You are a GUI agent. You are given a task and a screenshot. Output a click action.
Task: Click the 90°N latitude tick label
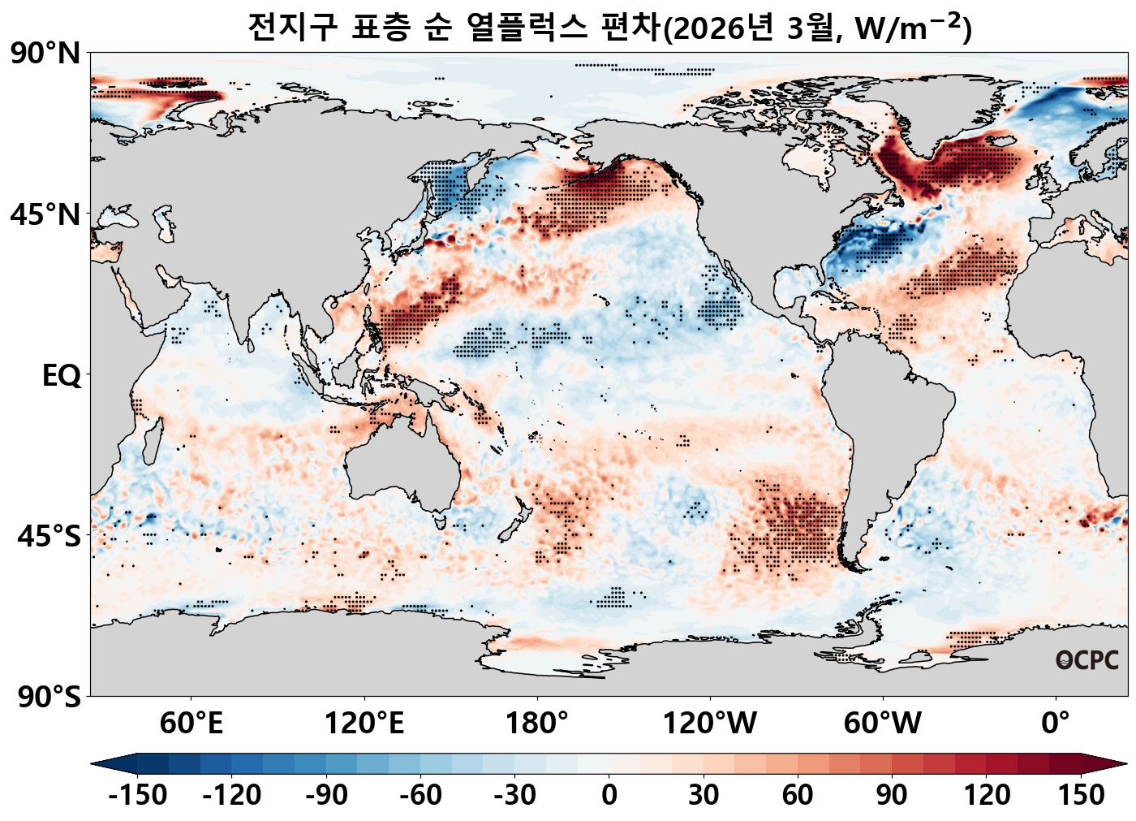[x=45, y=54]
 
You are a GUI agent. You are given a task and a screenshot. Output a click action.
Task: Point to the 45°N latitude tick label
[x=45, y=215]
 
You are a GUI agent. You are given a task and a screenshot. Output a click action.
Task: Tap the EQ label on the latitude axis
[x=62, y=376]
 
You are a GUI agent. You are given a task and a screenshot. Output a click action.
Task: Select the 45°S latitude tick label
[x=49, y=537]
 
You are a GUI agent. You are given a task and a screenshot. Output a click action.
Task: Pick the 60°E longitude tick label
[x=191, y=722]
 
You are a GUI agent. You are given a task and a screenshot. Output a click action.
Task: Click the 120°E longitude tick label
[x=364, y=722]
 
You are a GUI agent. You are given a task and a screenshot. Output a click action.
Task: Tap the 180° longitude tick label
[x=537, y=722]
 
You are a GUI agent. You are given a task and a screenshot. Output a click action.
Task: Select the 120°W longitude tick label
[x=710, y=722]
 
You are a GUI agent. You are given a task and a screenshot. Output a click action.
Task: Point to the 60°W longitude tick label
[x=883, y=722]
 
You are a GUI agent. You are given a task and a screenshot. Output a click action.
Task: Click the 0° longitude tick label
[x=1056, y=722]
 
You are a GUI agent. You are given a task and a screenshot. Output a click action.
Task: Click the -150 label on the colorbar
[x=138, y=795]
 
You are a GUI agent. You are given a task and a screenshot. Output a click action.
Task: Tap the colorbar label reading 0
[x=609, y=795]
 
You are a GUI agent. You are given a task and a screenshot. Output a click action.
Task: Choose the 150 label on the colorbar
[x=1081, y=795]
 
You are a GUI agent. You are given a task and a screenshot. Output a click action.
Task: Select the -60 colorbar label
[x=420, y=795]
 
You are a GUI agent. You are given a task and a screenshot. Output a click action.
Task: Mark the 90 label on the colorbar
[x=892, y=795]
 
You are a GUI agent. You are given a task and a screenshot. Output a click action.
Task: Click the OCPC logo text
[x=1087, y=660]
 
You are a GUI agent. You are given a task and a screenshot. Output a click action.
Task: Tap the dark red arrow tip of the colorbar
[x=1120, y=763]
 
